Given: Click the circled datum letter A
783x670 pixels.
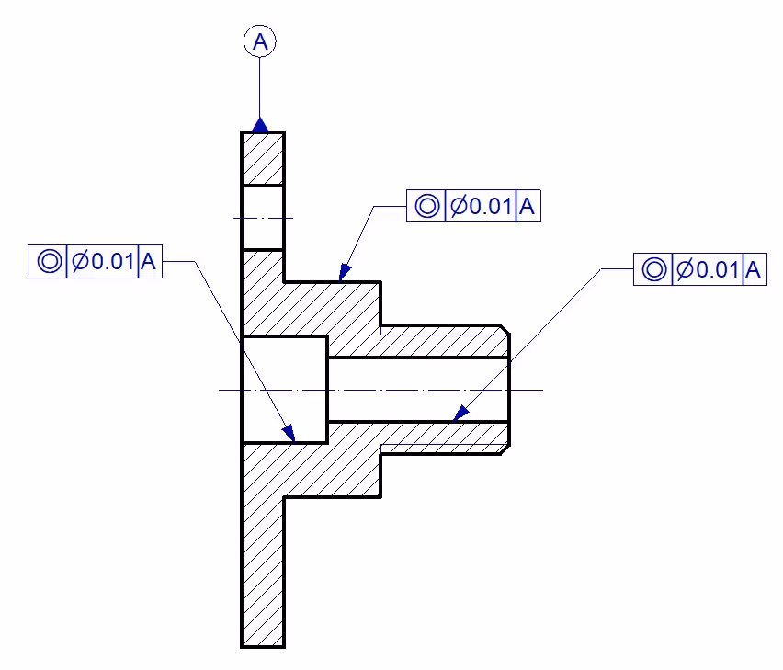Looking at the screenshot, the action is coord(260,41).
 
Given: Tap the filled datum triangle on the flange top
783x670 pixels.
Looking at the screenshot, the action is coord(260,124).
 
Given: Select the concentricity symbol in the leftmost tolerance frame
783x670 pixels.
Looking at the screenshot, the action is coord(49,261).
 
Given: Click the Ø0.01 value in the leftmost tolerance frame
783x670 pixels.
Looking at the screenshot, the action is coord(103,261).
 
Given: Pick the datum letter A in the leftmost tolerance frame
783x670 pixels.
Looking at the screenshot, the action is coord(149,261).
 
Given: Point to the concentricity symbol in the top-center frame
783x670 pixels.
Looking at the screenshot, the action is coord(426,206).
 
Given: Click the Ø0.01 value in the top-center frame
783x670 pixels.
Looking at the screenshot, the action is coord(480,206).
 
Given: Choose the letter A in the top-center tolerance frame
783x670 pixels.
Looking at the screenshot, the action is coord(528,206).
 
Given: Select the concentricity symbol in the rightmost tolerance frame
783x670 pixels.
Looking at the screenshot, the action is coord(652,270).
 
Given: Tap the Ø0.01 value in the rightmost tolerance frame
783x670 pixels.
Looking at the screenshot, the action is coord(707,270).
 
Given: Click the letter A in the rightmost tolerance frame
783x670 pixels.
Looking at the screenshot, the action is coord(754,270).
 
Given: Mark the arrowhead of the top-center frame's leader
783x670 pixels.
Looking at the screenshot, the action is coord(344,273).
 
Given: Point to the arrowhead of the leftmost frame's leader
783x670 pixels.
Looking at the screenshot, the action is coord(289,433).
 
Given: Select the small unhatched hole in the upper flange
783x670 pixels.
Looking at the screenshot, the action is coord(263,218).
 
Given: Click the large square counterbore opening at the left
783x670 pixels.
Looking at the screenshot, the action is coord(284,390).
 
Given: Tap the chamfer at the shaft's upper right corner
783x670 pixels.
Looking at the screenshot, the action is coord(505,329).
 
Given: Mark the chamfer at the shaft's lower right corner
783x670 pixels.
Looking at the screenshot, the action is coord(505,449).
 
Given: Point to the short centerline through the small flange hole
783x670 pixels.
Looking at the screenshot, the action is coord(263,218).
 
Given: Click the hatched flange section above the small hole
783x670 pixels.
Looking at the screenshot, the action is coord(263,158).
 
